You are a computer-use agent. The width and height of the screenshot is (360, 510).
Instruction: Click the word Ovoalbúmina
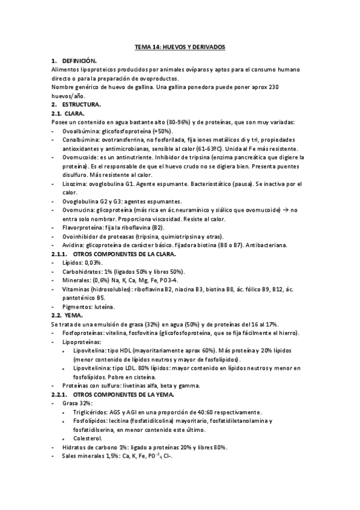point(81,131)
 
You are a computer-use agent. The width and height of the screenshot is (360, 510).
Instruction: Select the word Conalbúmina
point(81,140)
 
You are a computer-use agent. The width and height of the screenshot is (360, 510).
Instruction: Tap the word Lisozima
point(73,183)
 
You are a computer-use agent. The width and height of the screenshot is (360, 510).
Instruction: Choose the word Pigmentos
point(78,306)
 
